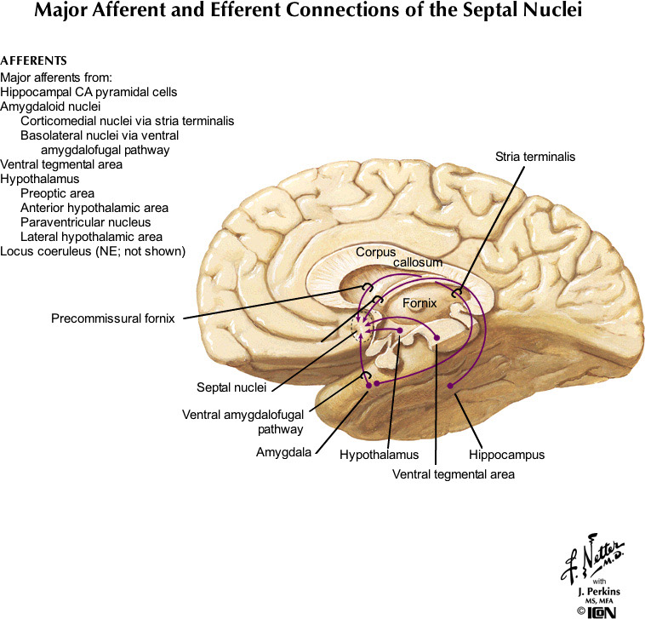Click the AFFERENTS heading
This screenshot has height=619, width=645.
click(x=34, y=62)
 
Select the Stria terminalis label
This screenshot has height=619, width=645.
click(x=535, y=157)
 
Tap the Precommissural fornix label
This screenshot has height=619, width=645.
click(x=112, y=319)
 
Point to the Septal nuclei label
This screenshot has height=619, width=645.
click(x=231, y=387)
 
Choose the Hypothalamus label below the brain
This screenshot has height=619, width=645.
click(x=379, y=456)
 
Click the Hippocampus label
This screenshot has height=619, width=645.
click(x=506, y=455)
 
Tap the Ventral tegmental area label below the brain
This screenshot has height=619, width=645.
click(x=454, y=473)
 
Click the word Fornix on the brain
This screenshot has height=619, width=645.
click(x=420, y=302)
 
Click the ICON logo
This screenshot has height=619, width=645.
click(x=602, y=609)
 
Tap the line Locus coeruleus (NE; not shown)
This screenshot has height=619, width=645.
click(x=93, y=251)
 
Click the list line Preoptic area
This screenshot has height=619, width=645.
click(x=58, y=193)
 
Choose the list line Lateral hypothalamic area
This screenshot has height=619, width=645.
click(x=91, y=237)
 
